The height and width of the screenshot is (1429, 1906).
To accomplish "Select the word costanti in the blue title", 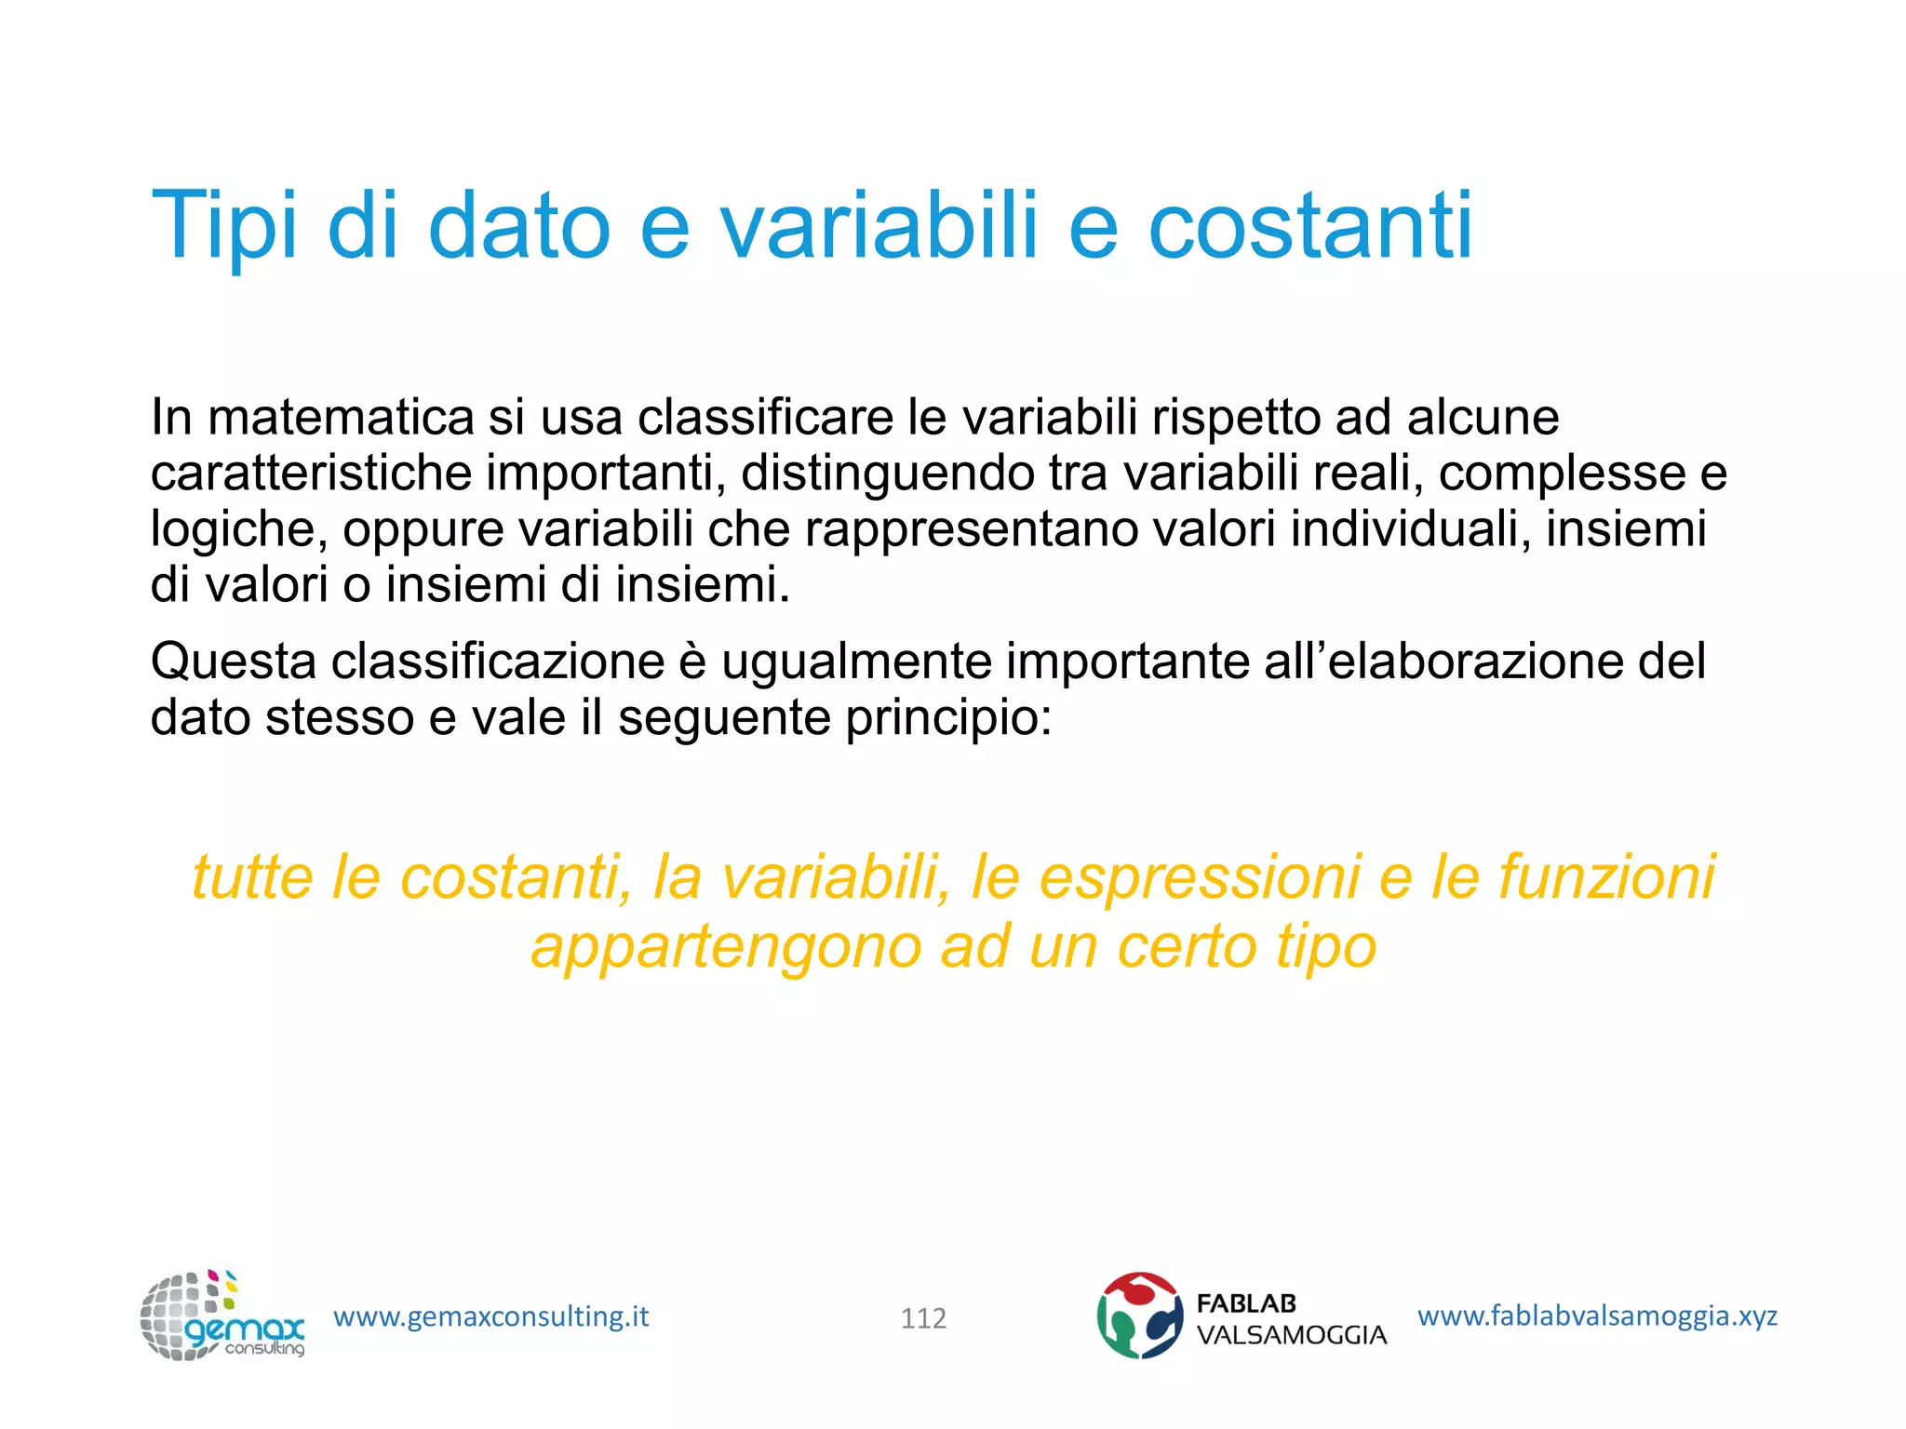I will click(x=1310, y=226).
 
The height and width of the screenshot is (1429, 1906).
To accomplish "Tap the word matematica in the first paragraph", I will click(x=341, y=417).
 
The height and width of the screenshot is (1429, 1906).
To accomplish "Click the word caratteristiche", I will click(x=311, y=473).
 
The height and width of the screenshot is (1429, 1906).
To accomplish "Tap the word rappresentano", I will click(x=972, y=530).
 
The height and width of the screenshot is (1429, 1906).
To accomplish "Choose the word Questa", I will click(x=234, y=661).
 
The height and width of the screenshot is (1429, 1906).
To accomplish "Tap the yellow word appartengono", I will click(x=726, y=947).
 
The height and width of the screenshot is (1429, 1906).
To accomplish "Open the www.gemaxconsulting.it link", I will click(x=490, y=1316).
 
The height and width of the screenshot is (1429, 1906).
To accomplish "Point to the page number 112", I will click(x=923, y=1318).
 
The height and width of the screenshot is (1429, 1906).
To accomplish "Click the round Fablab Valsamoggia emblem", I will click(x=1139, y=1315).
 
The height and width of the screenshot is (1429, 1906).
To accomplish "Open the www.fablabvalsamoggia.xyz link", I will click(x=1597, y=1315).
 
